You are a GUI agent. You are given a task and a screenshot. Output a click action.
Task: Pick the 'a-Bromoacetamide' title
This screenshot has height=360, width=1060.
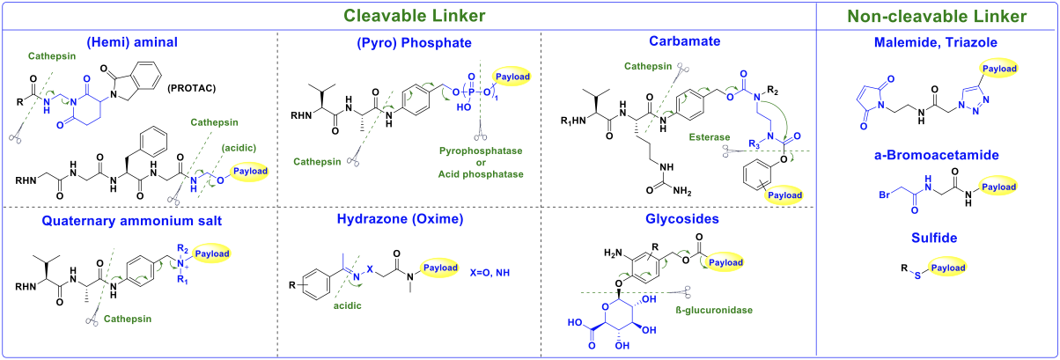937,155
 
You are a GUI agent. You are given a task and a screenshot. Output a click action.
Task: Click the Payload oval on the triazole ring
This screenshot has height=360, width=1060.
1000,69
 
